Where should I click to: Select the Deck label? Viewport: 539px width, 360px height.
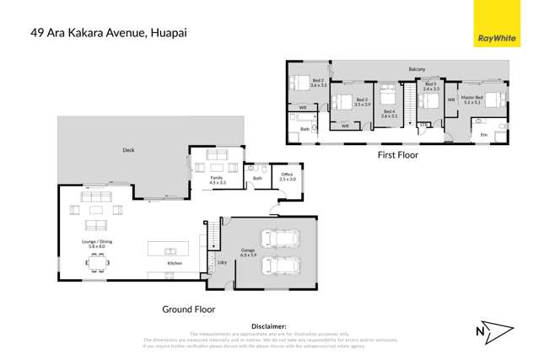[x=128, y=150]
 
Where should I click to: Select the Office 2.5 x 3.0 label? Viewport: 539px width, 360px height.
[x=288, y=176]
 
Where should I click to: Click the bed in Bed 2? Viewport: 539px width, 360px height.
[x=299, y=83]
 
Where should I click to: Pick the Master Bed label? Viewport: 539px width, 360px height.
[x=472, y=99]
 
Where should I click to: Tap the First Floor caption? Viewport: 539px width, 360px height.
[x=397, y=155]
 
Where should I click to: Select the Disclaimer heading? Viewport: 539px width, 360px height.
[x=269, y=325]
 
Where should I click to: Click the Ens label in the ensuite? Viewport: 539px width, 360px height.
[x=483, y=134]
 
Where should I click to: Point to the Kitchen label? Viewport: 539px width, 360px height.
[x=175, y=264]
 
